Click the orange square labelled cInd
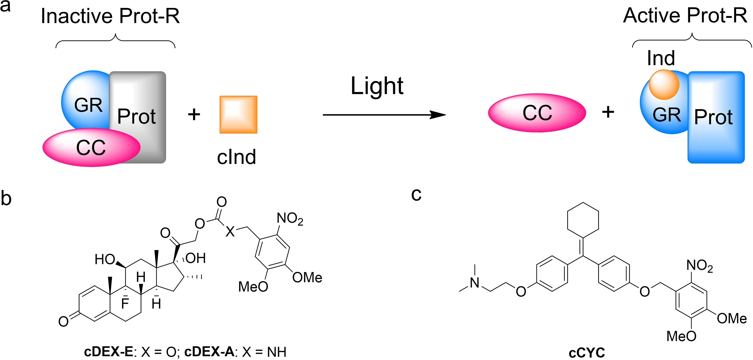[238, 115]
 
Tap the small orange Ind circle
[664, 85]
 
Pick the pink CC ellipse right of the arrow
[537, 113]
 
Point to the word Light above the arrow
[377, 86]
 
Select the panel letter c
[416, 194]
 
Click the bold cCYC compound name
[587, 352]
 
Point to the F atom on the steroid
[125, 303]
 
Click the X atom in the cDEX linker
[230, 232]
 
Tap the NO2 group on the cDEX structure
[290, 218]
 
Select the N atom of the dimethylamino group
[475, 282]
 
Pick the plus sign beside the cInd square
[194, 114]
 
